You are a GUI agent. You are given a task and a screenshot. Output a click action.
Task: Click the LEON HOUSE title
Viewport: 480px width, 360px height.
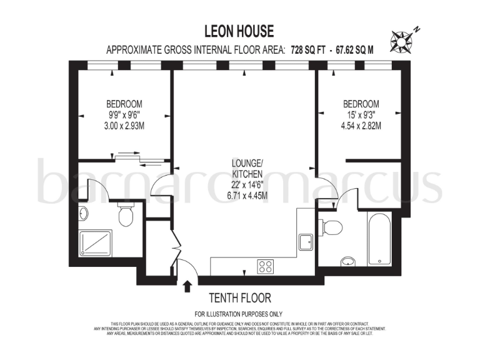pyautogui.click(x=240, y=31)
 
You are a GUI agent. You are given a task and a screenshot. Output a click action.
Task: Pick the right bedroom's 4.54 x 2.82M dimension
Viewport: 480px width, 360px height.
pyautogui.click(x=361, y=126)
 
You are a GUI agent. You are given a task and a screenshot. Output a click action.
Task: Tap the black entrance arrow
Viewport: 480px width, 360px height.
pyautogui.click(x=186, y=286)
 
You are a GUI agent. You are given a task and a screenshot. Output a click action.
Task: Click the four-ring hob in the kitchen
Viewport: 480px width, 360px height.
pyautogui.click(x=266, y=266)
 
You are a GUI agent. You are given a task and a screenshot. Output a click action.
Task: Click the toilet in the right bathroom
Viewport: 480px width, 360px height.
pyautogui.click(x=331, y=226)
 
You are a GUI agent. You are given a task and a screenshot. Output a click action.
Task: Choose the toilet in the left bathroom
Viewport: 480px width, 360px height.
pyautogui.click(x=125, y=215)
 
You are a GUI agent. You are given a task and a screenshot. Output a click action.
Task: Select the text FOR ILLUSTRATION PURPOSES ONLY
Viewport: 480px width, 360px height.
pyautogui.click(x=239, y=314)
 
